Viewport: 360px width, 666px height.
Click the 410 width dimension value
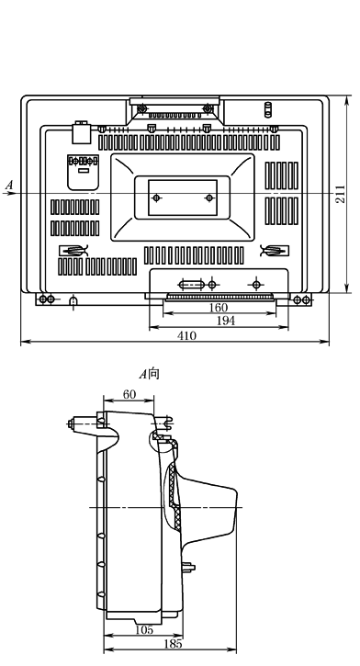click(186, 336)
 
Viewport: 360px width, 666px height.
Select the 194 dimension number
click(226, 322)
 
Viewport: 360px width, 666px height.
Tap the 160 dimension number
click(219, 308)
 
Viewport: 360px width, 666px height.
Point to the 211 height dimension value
click(341, 194)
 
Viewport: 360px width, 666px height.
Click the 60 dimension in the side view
click(129, 395)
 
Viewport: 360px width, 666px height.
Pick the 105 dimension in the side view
click(144, 630)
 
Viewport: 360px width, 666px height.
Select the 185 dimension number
click(173, 644)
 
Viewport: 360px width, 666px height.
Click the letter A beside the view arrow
click(9, 186)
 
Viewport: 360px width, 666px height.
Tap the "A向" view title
click(149, 374)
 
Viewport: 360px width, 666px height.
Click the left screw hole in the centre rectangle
click(157, 198)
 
